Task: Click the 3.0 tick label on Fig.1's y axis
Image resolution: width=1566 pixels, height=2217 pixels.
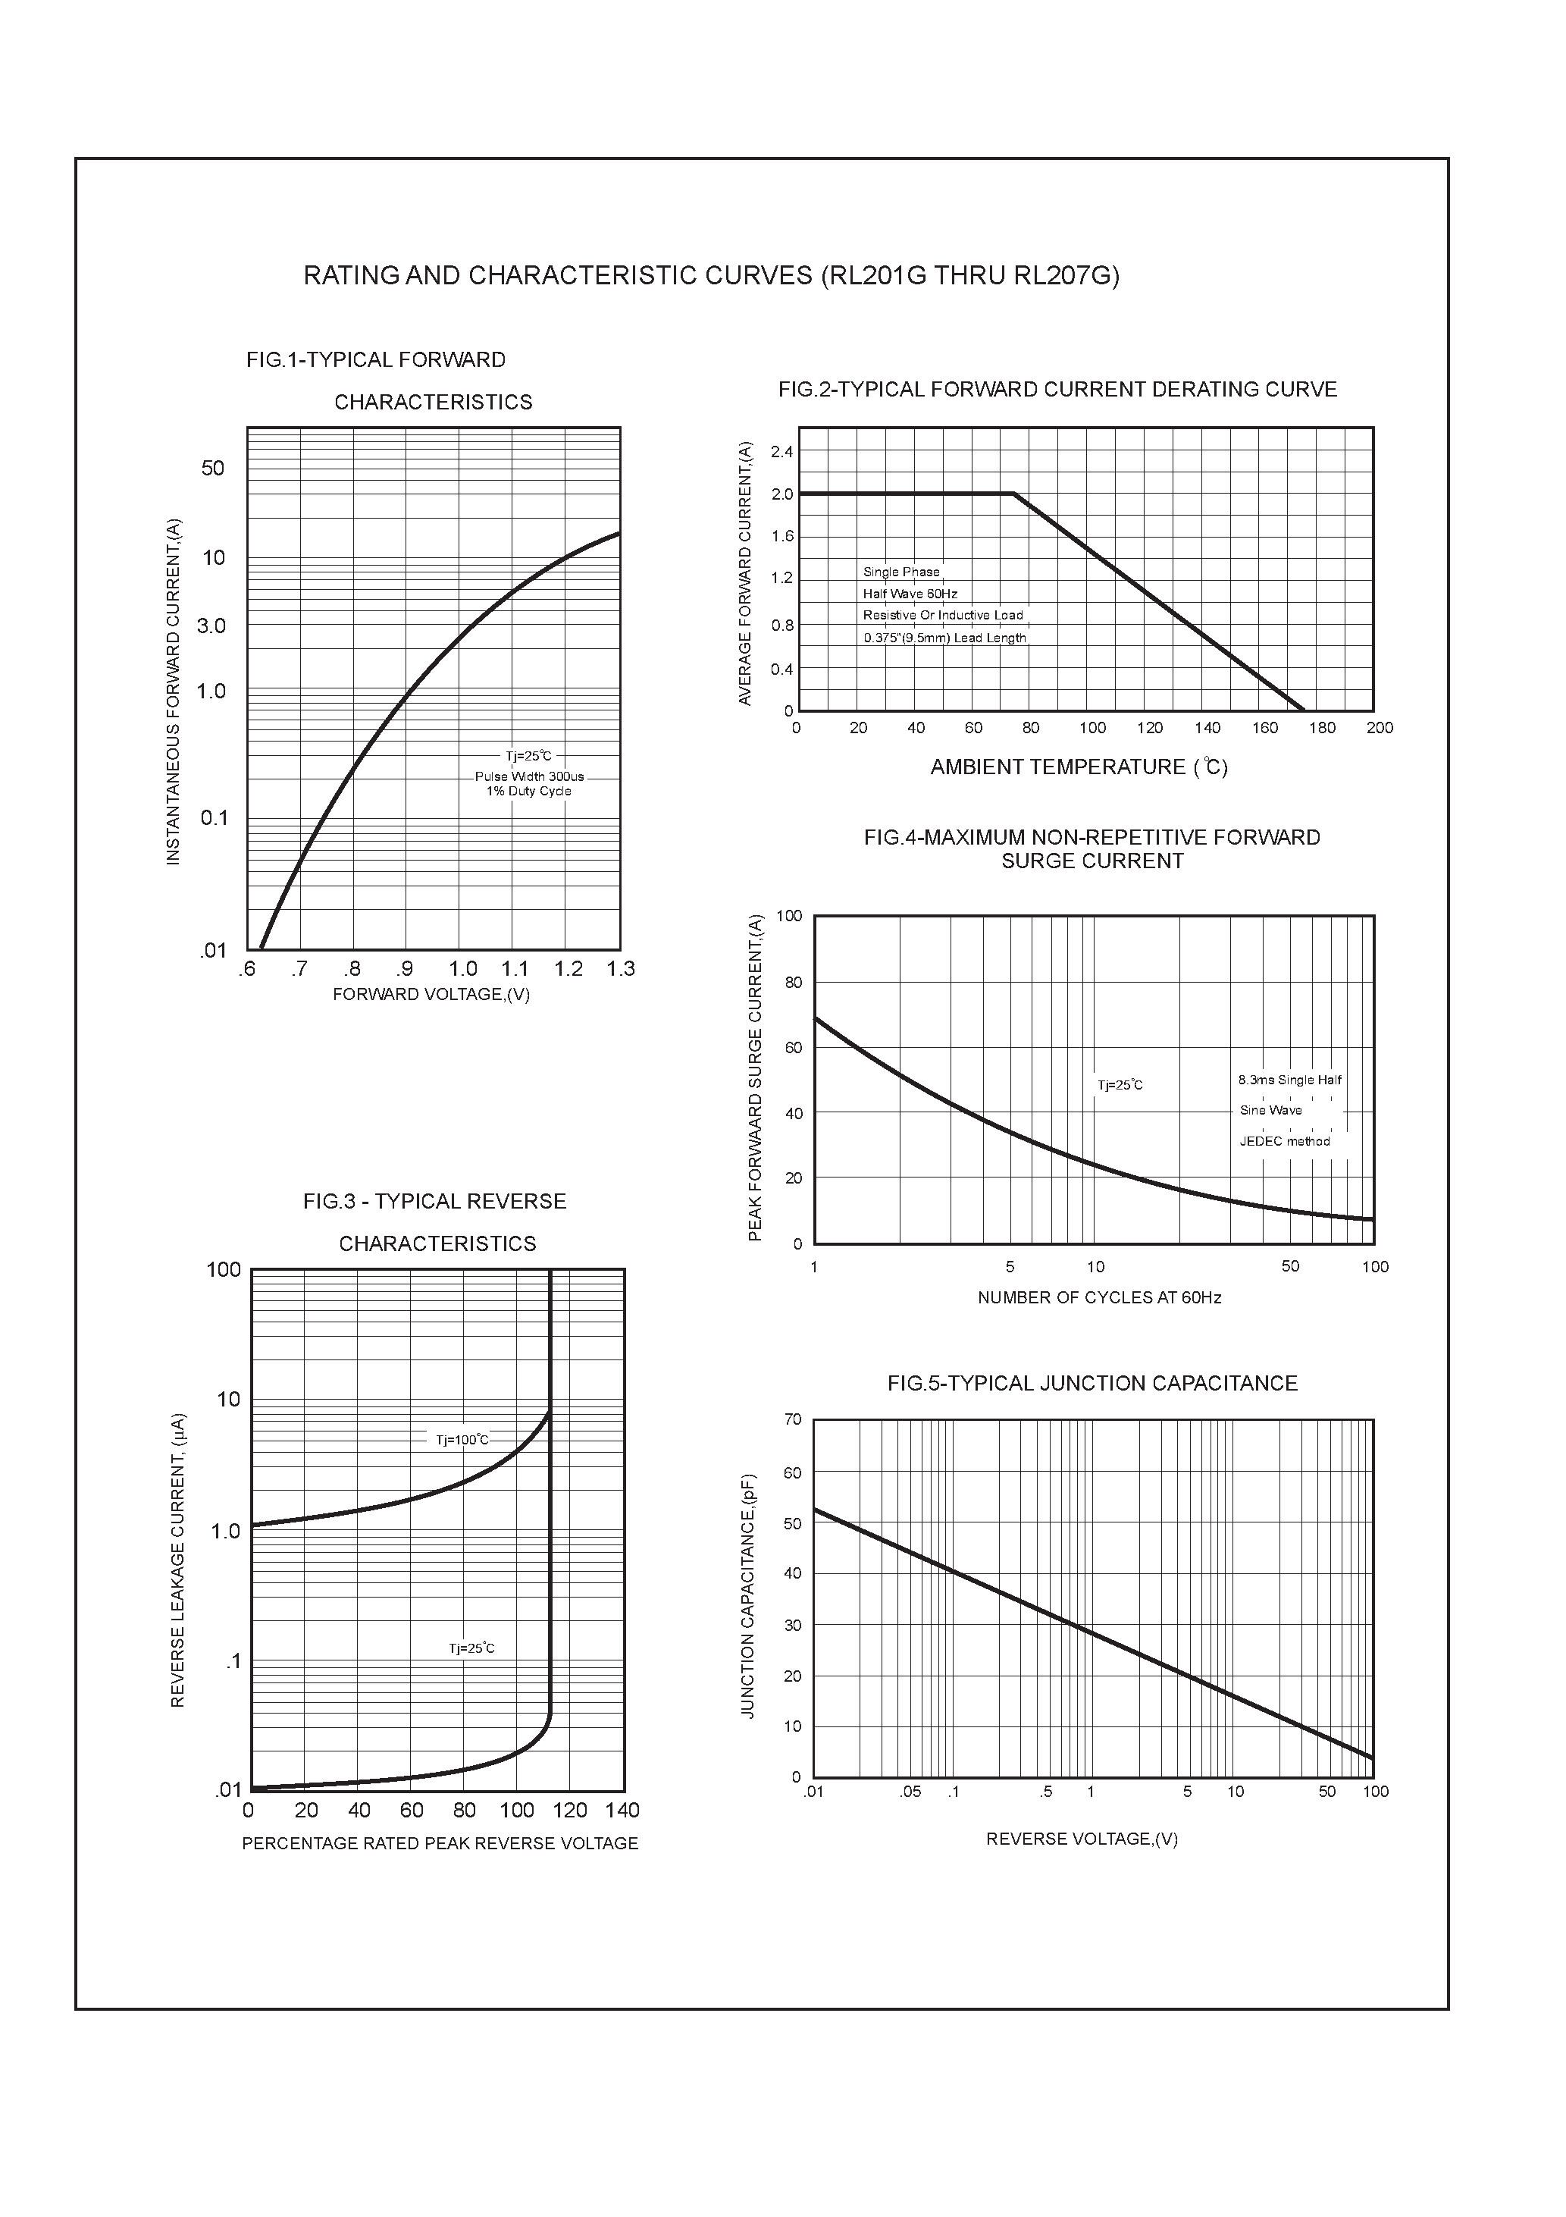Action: point(211,626)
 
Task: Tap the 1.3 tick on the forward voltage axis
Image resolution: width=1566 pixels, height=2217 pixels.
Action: point(620,968)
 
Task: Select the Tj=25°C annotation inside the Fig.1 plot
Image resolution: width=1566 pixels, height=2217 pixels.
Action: point(528,756)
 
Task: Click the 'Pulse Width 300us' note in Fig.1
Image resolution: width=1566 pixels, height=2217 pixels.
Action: point(529,776)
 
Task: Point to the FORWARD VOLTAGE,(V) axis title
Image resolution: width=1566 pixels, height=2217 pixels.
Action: point(431,995)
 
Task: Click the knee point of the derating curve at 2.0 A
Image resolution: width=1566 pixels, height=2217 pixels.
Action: point(1013,494)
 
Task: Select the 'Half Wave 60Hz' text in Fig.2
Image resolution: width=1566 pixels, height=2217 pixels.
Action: point(910,594)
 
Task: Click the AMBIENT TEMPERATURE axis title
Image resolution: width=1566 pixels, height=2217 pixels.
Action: point(1079,767)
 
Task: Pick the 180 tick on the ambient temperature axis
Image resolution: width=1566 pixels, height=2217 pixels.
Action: point(1322,728)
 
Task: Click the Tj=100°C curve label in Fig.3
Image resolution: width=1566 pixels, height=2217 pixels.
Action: point(462,1440)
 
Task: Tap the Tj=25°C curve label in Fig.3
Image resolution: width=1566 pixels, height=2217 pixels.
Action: point(471,1648)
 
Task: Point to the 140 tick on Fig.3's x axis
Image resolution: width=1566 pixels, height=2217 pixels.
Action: point(623,1810)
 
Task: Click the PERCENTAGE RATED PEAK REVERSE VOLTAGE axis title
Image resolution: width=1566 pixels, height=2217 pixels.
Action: point(440,1843)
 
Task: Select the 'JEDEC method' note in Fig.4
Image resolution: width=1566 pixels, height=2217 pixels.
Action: point(1284,1141)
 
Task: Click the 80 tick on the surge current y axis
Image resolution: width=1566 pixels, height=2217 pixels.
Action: point(791,982)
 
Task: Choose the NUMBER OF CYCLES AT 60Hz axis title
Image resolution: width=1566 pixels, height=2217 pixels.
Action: point(1099,1298)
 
